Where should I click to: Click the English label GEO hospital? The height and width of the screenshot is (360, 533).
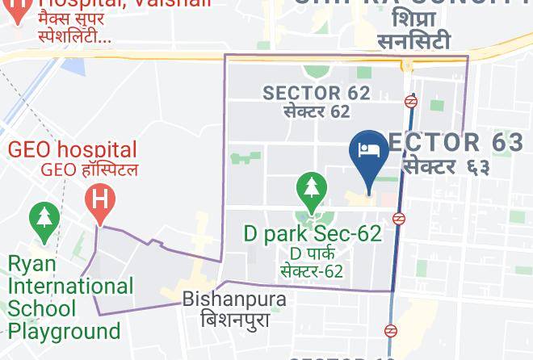point(73,149)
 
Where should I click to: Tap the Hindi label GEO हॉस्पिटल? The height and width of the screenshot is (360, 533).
point(89,170)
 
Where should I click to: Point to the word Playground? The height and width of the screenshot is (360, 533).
point(64,331)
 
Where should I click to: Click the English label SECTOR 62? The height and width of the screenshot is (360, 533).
point(317,93)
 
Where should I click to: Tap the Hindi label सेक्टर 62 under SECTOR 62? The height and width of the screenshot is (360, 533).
point(317,111)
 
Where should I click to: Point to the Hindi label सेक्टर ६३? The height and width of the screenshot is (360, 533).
point(447,166)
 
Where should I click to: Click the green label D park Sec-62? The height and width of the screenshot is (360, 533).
point(312,234)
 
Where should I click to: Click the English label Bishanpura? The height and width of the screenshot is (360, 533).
point(234,299)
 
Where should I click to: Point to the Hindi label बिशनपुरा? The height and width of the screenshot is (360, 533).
point(234,319)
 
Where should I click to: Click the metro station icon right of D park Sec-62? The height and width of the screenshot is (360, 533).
point(399,218)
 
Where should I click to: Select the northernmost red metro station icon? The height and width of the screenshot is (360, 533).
point(411,102)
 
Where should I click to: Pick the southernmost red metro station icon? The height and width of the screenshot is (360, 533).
point(391,330)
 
